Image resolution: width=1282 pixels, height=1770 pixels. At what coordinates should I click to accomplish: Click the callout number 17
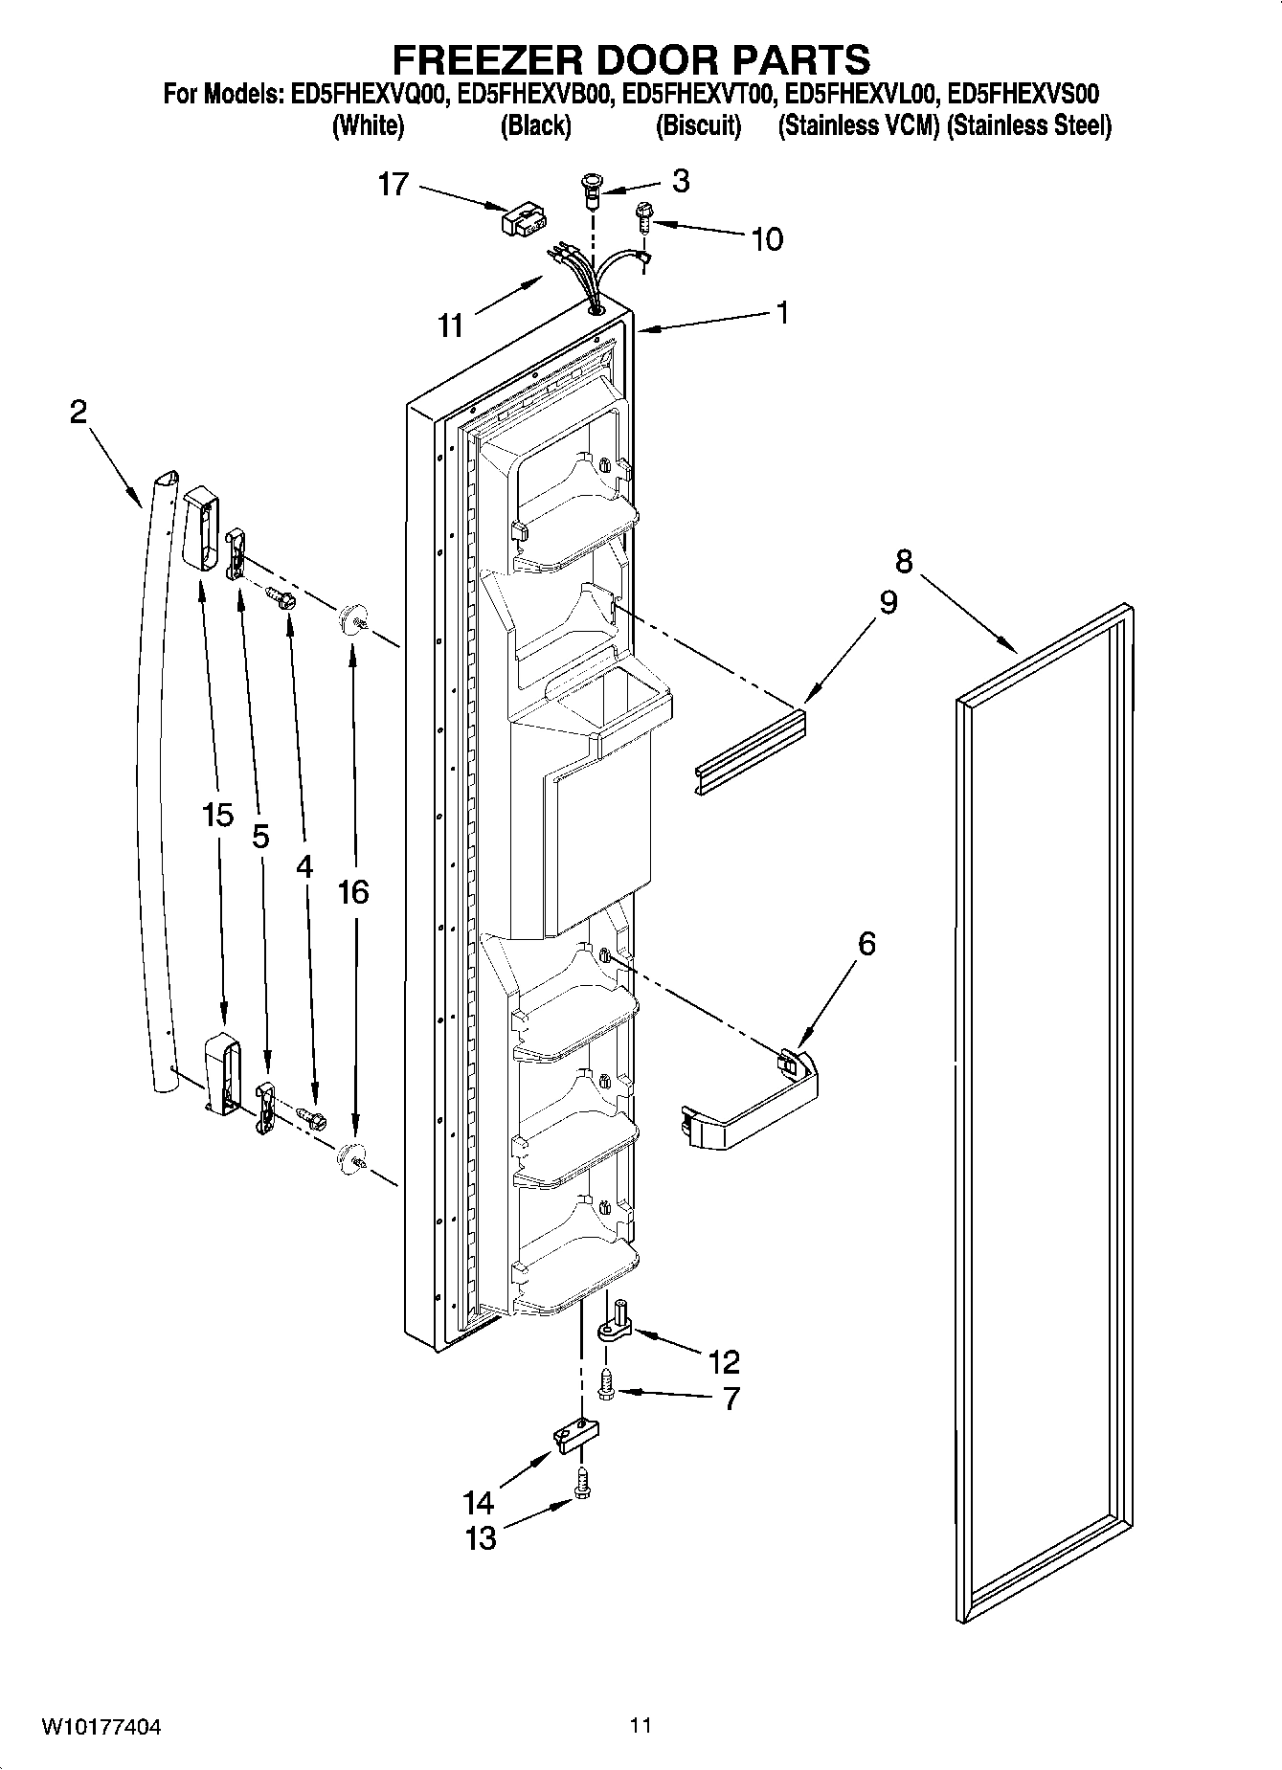[394, 184]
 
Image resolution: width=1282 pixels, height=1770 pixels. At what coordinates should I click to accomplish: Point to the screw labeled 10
[642, 218]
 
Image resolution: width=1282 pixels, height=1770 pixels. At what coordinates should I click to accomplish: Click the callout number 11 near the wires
[451, 325]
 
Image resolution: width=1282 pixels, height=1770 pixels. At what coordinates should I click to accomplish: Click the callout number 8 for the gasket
[904, 560]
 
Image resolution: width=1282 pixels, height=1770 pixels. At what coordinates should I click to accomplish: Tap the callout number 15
[218, 816]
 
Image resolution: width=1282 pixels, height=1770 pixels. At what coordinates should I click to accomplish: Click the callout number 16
[352, 892]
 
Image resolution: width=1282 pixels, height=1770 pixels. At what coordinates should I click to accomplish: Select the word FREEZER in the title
[494, 59]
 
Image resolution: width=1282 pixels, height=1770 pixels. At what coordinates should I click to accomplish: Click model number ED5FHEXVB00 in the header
[535, 94]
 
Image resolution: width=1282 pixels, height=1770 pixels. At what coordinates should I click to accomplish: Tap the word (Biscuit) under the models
[698, 125]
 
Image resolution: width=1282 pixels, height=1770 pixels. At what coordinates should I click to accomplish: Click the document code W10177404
[101, 1727]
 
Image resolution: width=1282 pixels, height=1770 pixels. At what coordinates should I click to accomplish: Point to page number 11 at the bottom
[641, 1726]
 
